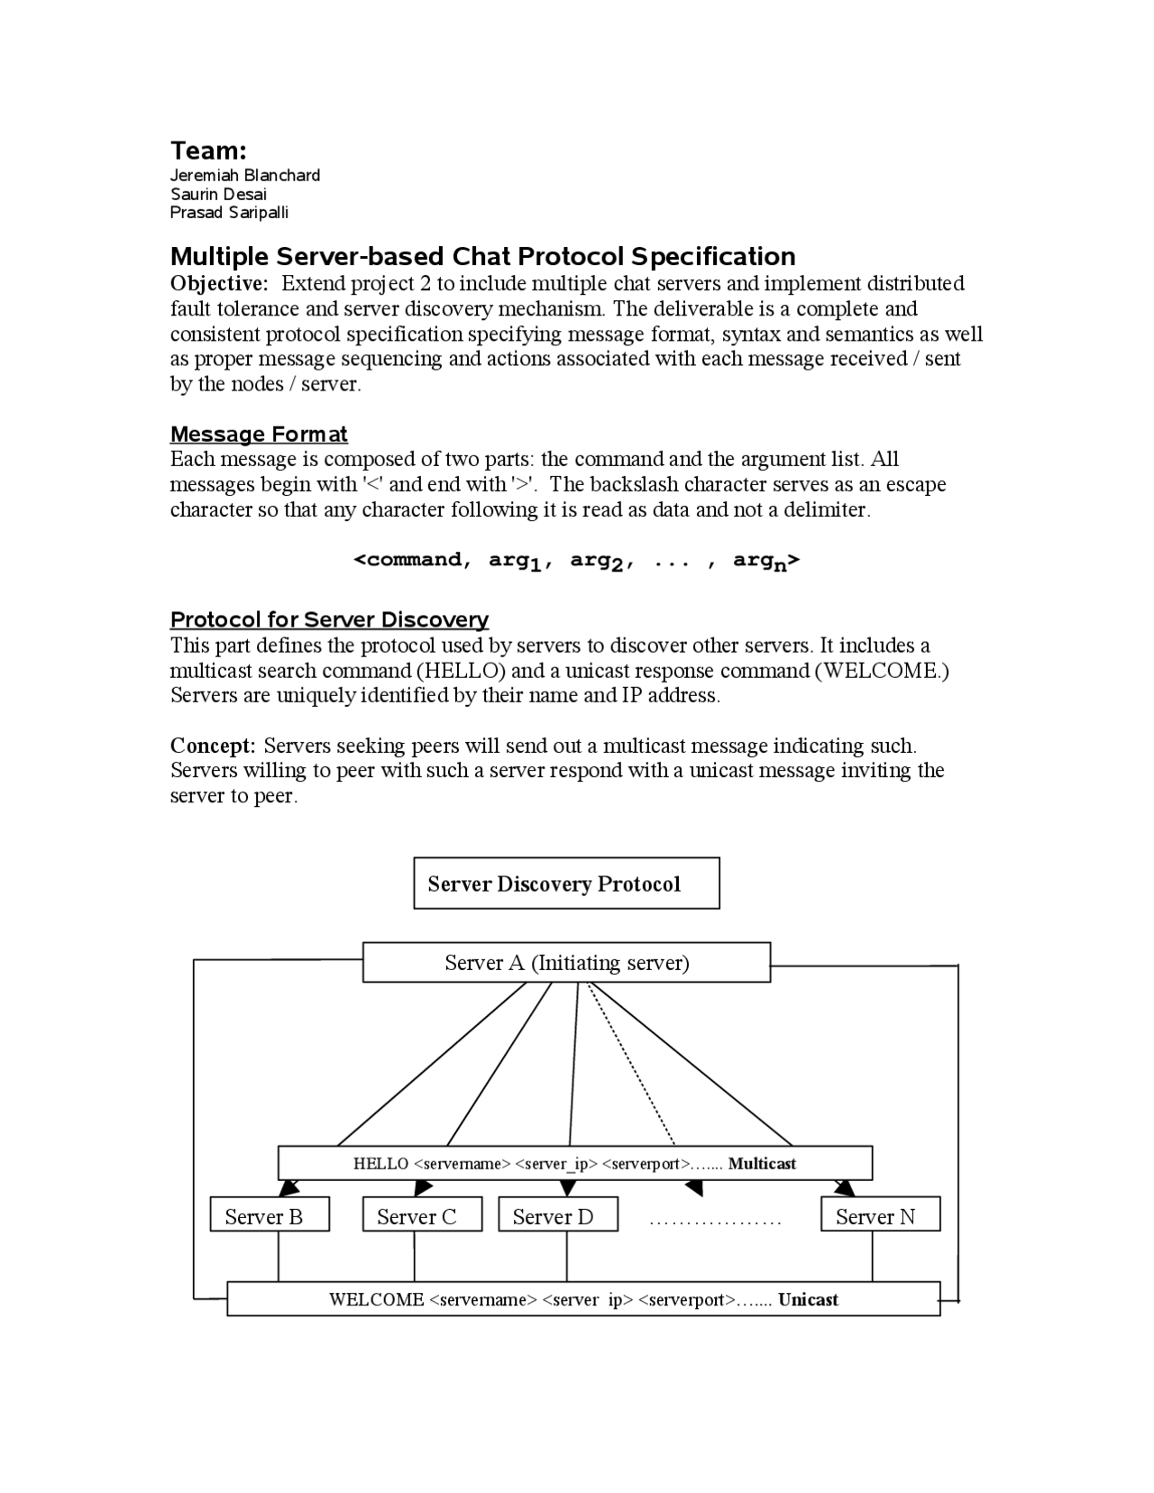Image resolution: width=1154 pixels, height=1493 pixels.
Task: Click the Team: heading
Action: coord(208,151)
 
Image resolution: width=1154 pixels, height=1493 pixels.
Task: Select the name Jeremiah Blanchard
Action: coord(245,175)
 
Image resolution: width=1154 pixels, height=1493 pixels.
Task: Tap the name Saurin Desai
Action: coord(218,194)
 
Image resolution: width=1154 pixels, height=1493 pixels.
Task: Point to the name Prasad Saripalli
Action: coord(229,213)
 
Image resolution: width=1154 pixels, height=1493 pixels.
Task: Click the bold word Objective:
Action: coord(220,283)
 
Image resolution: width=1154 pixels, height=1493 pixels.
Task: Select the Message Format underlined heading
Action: coord(259,435)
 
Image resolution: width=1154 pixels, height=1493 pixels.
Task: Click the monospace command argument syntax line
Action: coord(576,561)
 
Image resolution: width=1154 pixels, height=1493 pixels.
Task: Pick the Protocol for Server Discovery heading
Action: coord(329,619)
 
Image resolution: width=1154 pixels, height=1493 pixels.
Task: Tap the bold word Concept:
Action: coord(214,746)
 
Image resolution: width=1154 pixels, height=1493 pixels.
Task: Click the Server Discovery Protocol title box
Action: coord(566,884)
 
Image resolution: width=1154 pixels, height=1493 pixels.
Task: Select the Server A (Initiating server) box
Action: coord(566,963)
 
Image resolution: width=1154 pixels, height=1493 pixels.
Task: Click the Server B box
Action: coord(269,1216)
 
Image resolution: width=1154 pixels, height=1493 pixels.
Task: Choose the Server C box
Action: coord(422,1216)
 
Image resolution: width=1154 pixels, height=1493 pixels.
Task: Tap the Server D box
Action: coord(558,1216)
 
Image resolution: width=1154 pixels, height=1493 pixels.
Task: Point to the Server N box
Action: coord(880,1216)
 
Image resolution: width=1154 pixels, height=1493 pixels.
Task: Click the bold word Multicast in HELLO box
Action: coord(762,1163)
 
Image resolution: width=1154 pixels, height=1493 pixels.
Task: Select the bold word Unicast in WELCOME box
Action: coord(808,1300)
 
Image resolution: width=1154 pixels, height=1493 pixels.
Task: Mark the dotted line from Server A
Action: coord(631,1064)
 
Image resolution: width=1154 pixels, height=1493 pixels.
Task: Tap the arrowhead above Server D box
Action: coord(567,1187)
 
